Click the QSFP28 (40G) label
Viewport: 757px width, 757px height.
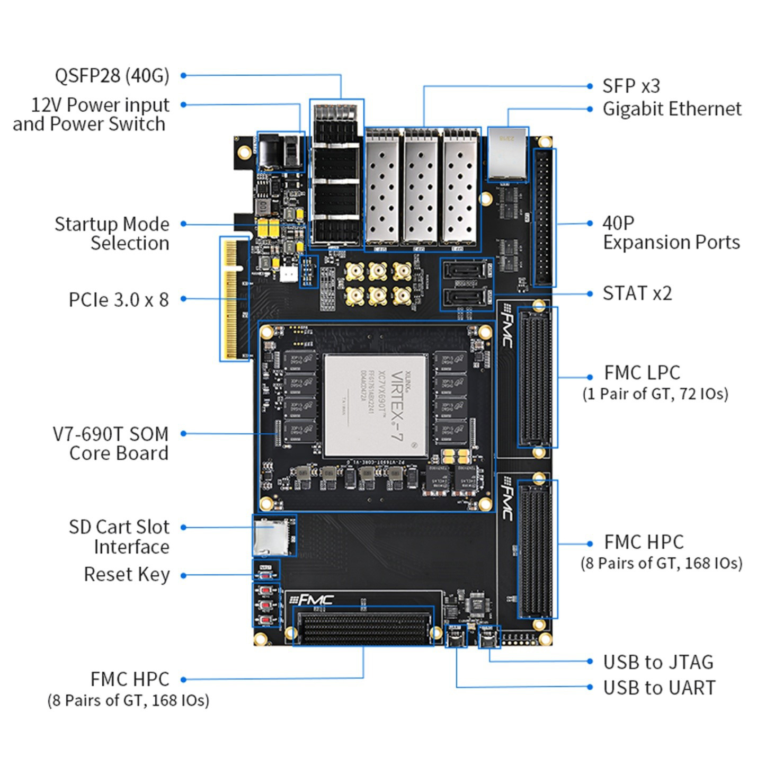pos(112,75)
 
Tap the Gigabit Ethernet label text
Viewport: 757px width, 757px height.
pos(672,109)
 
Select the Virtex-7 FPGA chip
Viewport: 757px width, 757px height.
pos(376,405)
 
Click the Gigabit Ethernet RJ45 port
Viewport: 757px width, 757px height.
pos(507,154)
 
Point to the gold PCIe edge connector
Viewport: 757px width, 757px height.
pos(234,299)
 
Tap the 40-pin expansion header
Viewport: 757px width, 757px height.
pos(544,217)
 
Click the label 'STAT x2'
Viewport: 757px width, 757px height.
pos(637,293)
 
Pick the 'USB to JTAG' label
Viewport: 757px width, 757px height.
pos(658,662)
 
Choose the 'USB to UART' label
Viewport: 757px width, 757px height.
pos(659,688)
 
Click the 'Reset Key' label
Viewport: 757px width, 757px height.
pos(127,574)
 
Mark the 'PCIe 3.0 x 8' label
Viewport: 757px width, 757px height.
pos(119,299)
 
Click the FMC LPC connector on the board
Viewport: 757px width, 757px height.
pos(537,378)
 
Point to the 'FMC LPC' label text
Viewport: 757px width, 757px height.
pos(642,372)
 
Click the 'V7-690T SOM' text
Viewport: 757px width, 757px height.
pos(111,434)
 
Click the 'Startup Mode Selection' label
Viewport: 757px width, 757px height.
pos(112,233)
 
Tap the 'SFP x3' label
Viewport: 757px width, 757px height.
pos(631,86)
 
